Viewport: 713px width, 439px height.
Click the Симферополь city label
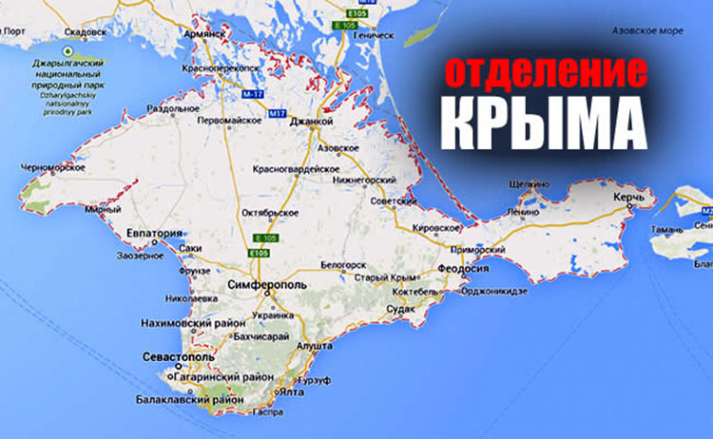point(266,284)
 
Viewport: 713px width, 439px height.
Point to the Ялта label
point(291,391)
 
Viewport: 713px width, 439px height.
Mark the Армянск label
point(204,31)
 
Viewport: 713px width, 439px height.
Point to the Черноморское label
point(52,168)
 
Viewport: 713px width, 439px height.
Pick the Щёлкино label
point(530,182)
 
